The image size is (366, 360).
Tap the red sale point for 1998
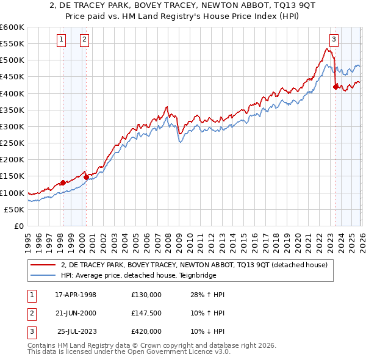coord(63,182)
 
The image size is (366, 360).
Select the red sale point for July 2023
coord(335,87)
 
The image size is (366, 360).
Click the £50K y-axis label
coord(15,209)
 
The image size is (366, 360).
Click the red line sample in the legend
coord(43,265)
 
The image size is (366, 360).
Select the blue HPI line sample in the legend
coord(43,275)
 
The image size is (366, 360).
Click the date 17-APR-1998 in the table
coord(76,295)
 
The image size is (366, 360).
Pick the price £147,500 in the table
coord(146,313)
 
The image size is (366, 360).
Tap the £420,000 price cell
coord(146,331)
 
